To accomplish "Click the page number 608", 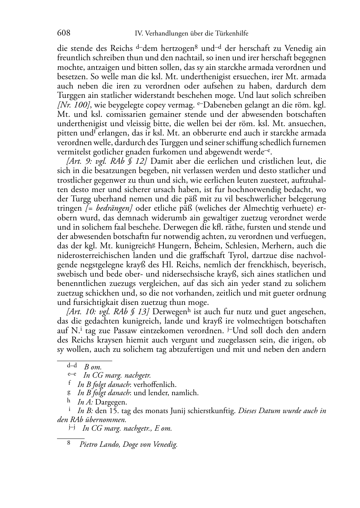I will point(63,33).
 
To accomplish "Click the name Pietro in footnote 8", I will point(90,445).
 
